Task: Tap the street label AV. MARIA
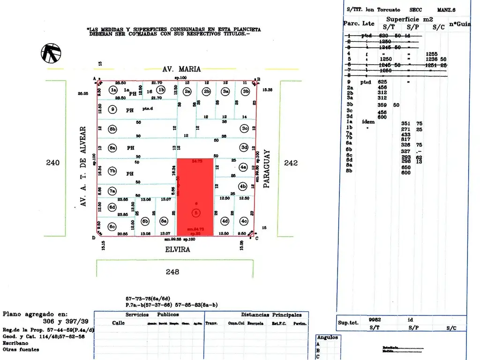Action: (181, 69)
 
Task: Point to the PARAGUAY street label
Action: (267, 169)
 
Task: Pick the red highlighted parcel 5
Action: (195, 197)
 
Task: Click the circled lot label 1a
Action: (112, 90)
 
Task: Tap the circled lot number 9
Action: (112, 110)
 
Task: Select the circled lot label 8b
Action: (112, 129)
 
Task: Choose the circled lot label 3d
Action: (244, 148)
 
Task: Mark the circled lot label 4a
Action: (243, 166)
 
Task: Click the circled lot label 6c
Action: (112, 226)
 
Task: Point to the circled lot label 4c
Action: (244, 221)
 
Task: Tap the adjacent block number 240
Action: (53, 163)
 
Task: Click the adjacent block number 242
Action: (291, 163)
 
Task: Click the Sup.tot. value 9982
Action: (375, 319)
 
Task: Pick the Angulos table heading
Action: (327, 337)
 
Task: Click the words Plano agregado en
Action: (35, 315)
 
